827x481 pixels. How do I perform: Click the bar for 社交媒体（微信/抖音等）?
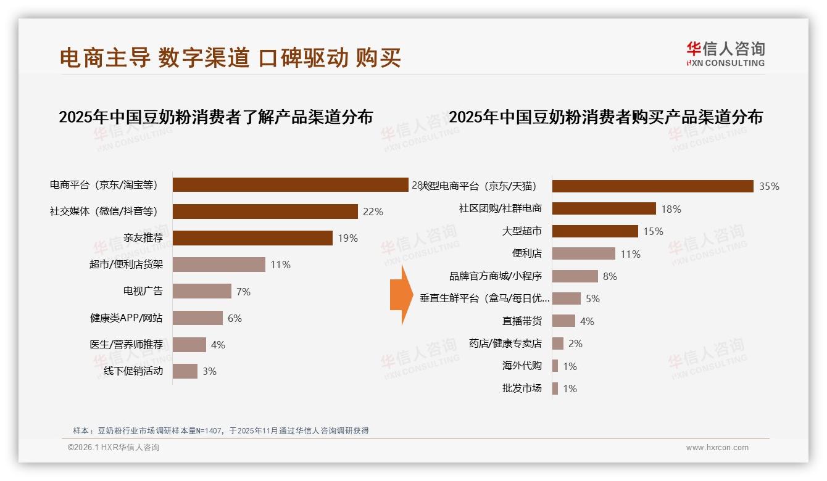pyautogui.click(x=265, y=212)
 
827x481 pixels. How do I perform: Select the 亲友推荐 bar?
pyautogui.click(x=252, y=238)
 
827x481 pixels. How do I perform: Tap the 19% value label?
pyautogui.click(x=347, y=238)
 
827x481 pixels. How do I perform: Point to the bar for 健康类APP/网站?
pyautogui.click(x=197, y=318)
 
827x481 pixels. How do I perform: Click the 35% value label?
pyautogui.click(x=769, y=186)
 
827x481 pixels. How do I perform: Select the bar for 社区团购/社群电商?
pyautogui.click(x=604, y=208)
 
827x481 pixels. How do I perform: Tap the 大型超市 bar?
pyautogui.click(x=595, y=231)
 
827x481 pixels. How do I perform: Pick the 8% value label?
pyautogui.click(x=610, y=276)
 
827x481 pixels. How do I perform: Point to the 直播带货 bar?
pyautogui.click(x=563, y=321)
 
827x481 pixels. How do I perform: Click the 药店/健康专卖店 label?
pyautogui.click(x=505, y=343)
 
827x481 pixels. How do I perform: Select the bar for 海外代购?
pyautogui.click(x=555, y=366)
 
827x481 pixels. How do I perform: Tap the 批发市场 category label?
pyautogui.click(x=522, y=388)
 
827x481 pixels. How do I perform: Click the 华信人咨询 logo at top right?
pyautogui.click(x=725, y=54)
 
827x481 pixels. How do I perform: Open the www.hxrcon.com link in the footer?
pyautogui.click(x=717, y=448)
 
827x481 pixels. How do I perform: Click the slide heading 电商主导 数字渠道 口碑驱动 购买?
pyautogui.click(x=230, y=57)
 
